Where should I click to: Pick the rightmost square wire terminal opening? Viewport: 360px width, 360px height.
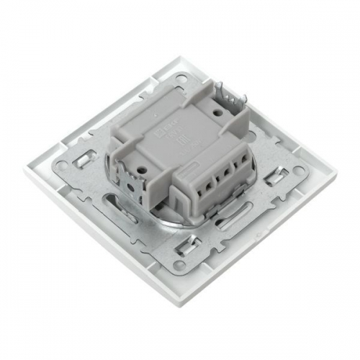tap(238, 165)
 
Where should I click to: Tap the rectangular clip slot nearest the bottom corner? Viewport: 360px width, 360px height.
tap(189, 246)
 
